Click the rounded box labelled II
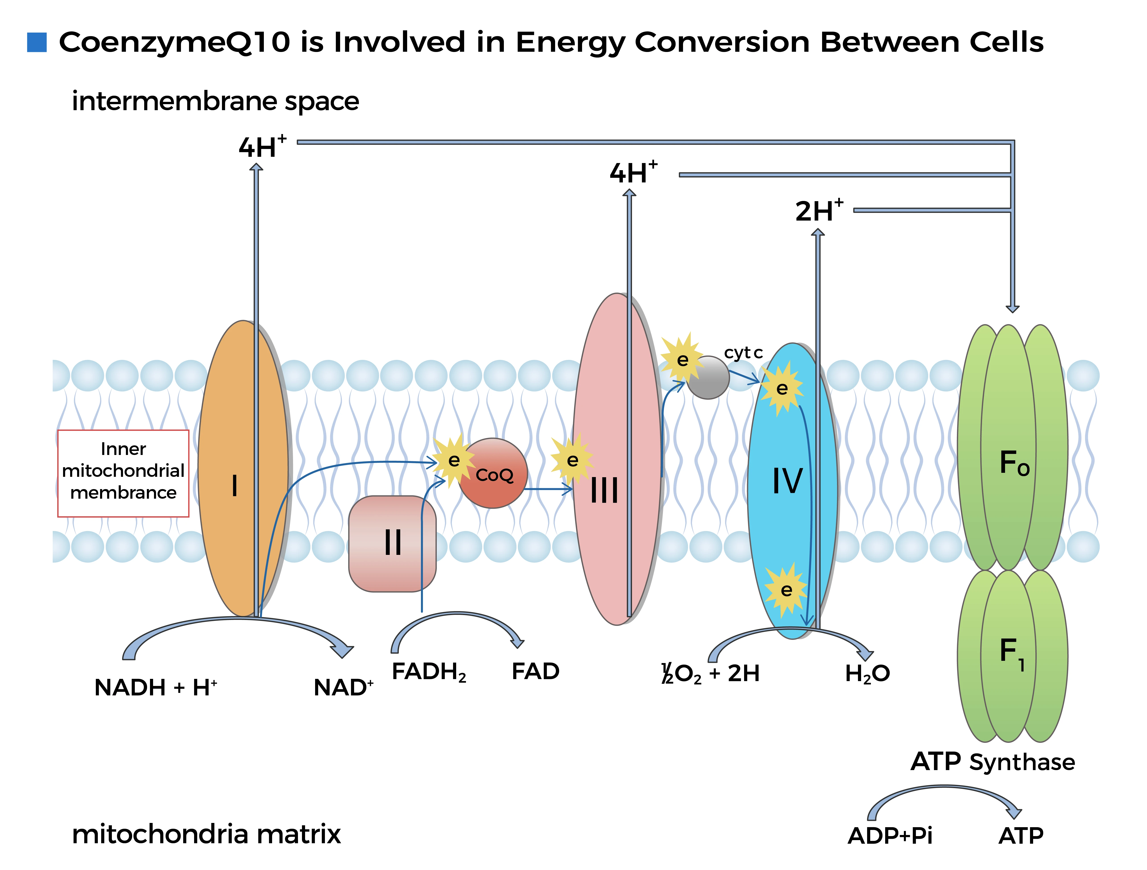tap(392, 543)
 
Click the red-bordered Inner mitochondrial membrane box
tap(123, 473)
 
